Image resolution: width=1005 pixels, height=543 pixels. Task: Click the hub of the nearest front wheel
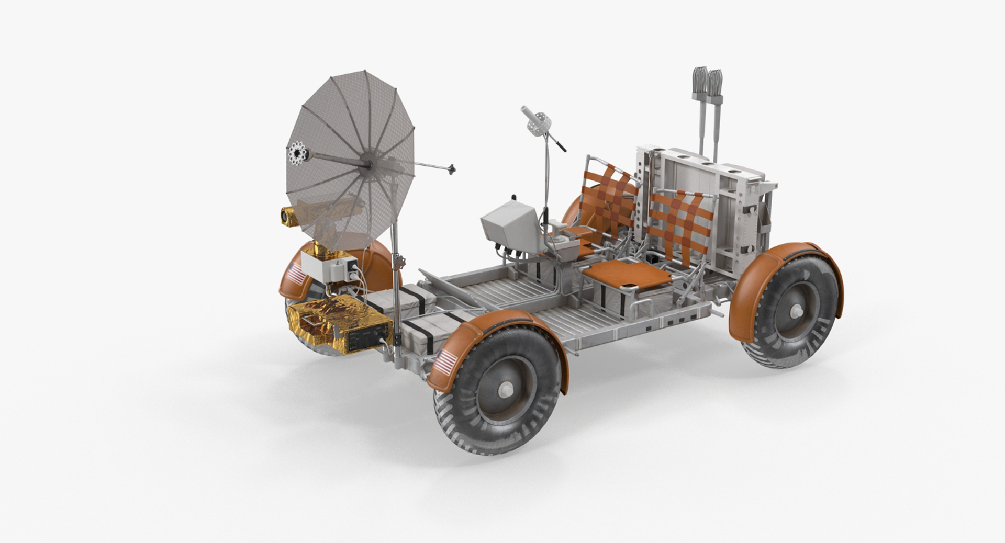point(506,389)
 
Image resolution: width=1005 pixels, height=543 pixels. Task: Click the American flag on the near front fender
point(446,363)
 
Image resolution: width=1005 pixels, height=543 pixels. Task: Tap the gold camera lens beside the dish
point(286,216)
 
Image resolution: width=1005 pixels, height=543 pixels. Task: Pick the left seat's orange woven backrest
point(611,198)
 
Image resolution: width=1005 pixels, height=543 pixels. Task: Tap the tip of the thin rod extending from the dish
point(452,168)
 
